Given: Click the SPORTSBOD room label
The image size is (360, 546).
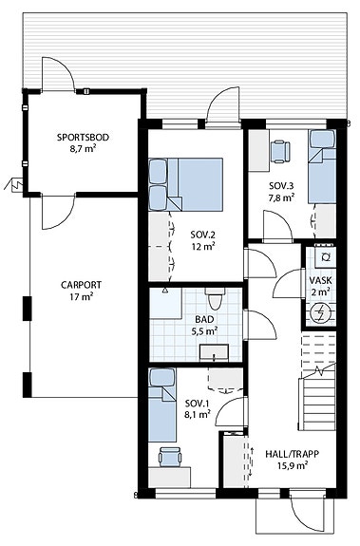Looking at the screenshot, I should tap(83, 137).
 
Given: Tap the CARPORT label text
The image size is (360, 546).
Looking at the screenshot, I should tap(81, 284).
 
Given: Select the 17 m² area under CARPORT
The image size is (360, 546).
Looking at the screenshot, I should tap(82, 296).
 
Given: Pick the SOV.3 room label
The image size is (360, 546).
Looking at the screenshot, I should tap(280, 185).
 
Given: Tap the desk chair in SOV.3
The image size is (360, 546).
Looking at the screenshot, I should tap(279, 149).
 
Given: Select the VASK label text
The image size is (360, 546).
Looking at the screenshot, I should tap(320, 281).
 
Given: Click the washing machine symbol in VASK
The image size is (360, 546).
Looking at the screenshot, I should tap(324, 256).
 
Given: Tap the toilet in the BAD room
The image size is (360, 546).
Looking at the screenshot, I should tap(215, 301).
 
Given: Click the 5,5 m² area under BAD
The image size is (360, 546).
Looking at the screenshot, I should tap(205, 331).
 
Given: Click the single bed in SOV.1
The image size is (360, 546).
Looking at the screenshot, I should tap(160, 409).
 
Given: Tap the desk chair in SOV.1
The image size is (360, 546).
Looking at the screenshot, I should tap(168, 456).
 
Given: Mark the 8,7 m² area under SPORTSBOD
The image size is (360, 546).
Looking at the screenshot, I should tap(83, 149).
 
